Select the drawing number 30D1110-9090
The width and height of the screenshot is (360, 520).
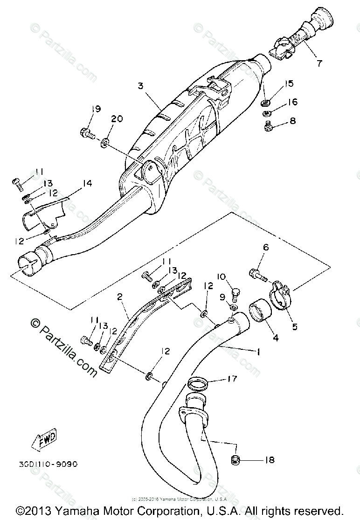pos(48,464)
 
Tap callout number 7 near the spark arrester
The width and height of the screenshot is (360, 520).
pos(319,63)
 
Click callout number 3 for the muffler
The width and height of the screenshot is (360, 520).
pos(139,86)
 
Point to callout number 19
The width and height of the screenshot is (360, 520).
pos(96,109)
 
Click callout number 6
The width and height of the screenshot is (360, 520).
pos(265,248)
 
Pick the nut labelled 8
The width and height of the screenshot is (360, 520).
pos(269,127)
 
